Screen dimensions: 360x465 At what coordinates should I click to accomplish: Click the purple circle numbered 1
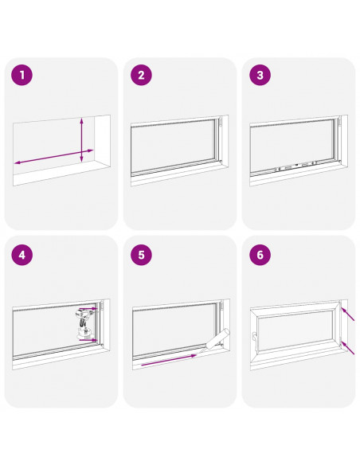tap(22, 75)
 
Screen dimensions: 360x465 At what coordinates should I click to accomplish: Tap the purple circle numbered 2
tap(141, 75)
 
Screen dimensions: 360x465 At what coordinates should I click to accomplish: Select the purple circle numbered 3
tap(260, 75)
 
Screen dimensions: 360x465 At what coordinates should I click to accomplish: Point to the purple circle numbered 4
tap(22, 255)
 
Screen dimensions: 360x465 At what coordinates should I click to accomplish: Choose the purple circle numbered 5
tap(141, 255)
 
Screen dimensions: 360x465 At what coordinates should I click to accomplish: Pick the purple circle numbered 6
tap(260, 255)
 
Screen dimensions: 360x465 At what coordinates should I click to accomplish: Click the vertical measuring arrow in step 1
tap(82, 140)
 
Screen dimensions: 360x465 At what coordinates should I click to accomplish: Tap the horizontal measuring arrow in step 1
tap(54, 157)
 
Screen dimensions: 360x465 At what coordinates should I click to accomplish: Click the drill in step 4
tap(84, 322)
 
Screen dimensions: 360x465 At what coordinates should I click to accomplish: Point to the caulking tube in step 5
tap(214, 340)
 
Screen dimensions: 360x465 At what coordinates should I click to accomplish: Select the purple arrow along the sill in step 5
tap(169, 360)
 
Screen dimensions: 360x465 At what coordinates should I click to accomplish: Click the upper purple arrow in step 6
tap(348, 314)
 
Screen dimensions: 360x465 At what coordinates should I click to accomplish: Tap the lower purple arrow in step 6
tap(348, 348)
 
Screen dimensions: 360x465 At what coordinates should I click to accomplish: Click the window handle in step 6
tap(255, 339)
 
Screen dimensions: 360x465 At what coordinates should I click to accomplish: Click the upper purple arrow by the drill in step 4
tap(92, 308)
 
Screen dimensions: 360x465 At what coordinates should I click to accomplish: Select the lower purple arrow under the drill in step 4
tap(88, 340)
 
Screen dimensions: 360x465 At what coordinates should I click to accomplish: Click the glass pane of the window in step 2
tap(174, 146)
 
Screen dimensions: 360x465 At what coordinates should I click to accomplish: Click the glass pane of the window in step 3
tap(292, 145)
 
